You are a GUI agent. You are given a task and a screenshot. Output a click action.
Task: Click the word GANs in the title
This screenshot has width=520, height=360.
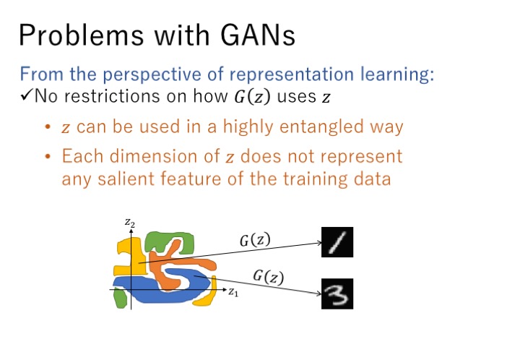pyautogui.click(x=257, y=35)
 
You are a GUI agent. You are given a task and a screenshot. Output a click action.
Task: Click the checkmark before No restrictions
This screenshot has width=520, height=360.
pyautogui.click(x=26, y=96)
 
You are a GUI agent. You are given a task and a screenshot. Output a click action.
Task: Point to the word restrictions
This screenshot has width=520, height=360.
pyautogui.click(x=112, y=96)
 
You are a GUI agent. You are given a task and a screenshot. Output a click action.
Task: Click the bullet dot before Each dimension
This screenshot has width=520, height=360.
pyautogui.click(x=48, y=156)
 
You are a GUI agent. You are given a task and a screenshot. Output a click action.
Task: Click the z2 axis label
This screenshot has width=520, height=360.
pyautogui.click(x=130, y=223)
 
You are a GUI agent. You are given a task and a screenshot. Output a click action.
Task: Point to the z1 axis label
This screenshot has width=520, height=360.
pyautogui.click(x=233, y=292)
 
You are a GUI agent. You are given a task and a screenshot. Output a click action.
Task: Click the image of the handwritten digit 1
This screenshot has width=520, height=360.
pyautogui.click(x=337, y=242)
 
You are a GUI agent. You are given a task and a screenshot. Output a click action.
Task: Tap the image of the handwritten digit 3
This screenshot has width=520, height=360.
pyautogui.click(x=337, y=294)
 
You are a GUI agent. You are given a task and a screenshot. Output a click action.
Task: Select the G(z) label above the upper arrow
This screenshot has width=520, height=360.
pyautogui.click(x=255, y=240)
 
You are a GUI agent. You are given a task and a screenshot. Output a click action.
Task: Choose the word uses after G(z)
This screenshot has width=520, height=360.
pyautogui.click(x=297, y=97)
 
